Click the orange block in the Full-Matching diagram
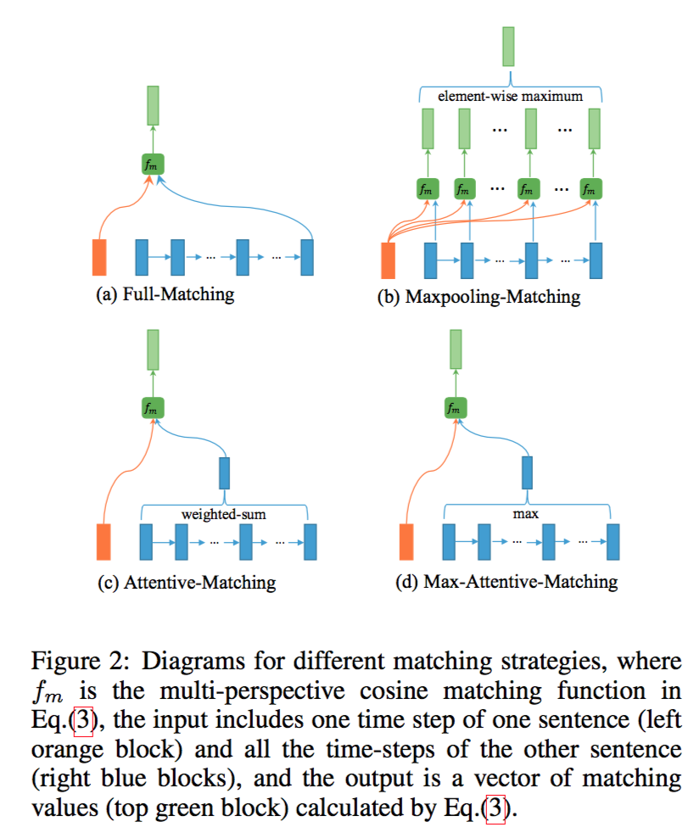point(100,257)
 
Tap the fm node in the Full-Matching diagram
point(153,164)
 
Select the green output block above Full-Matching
point(153,106)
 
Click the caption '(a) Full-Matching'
point(165,295)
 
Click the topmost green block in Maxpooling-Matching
point(509,45)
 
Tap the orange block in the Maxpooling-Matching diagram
point(389,260)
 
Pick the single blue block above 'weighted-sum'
point(225,472)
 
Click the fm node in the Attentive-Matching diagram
point(153,408)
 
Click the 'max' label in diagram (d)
point(527,514)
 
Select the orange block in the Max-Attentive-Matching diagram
point(406,541)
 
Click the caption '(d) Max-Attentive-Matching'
point(508,583)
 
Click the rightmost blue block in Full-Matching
point(307,257)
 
